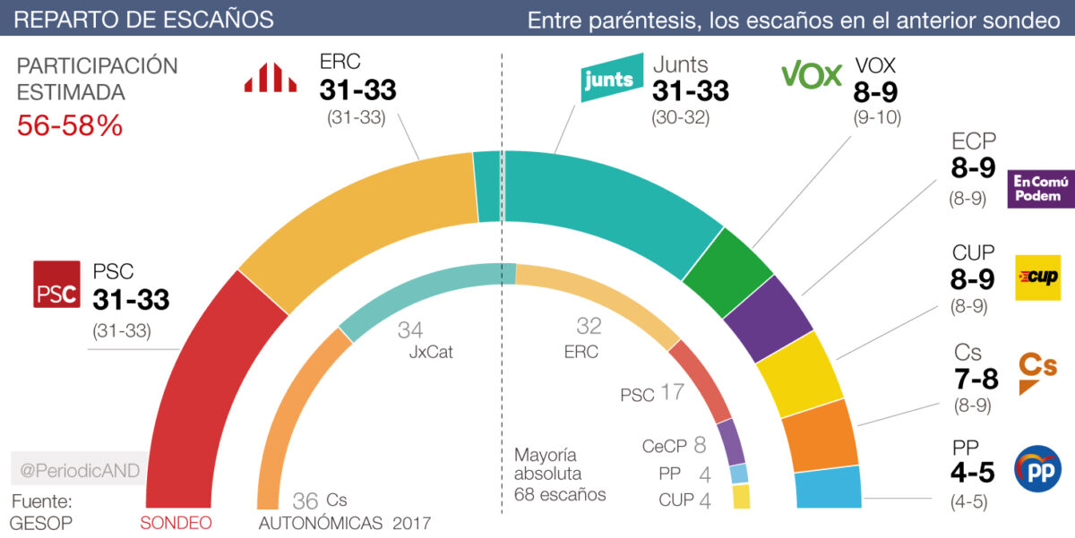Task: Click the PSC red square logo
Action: [56, 284]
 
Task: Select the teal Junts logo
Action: [613, 80]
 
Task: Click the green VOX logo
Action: [812, 74]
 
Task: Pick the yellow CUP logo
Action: [1036, 277]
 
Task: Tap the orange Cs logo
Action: [1038, 371]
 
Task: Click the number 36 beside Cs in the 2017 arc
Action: [306, 500]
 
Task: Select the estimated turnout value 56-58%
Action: [70, 126]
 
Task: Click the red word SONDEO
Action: [176, 523]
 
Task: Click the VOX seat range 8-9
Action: [875, 91]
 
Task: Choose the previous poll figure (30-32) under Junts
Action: [690, 118]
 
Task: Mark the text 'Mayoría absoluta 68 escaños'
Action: [560, 474]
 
